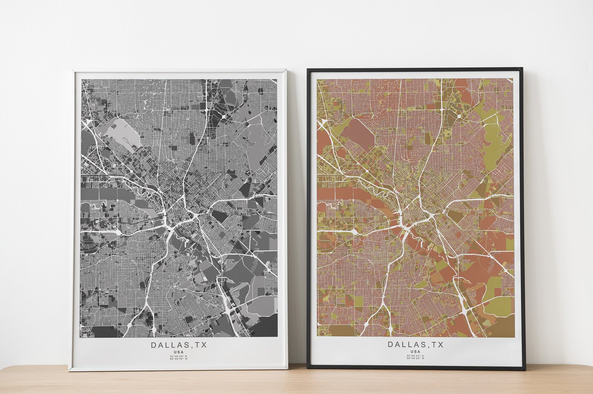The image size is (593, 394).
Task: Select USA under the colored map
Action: pyautogui.click(x=415, y=351)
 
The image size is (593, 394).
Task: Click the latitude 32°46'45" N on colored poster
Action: pyautogui.click(x=415, y=356)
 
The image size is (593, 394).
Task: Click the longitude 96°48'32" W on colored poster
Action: pyautogui.click(x=415, y=358)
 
